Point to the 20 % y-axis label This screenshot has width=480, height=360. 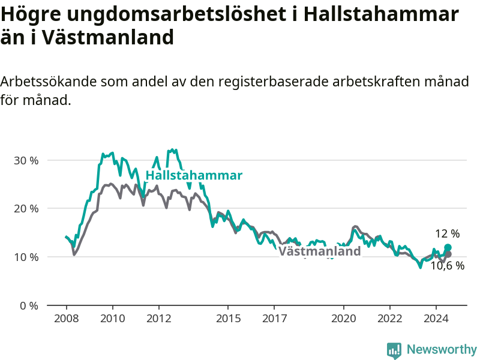[26, 209]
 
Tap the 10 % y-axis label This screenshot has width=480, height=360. [26, 257]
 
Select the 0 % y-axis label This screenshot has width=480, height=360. [29, 305]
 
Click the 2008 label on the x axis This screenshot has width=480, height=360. [67, 319]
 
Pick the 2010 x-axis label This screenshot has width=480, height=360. [113, 319]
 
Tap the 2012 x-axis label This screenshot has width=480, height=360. [159, 319]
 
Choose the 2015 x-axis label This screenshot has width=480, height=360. [229, 319]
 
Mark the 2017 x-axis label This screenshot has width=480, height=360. [275, 319]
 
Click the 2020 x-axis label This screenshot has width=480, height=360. [344, 319]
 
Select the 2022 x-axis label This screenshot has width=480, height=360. [390, 319]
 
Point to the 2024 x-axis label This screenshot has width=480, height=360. [436, 319]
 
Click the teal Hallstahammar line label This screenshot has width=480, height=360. [194, 175]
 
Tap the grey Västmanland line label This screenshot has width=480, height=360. [320, 251]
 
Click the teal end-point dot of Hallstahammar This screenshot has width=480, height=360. [448, 247]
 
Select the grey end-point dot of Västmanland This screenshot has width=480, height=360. [448, 254]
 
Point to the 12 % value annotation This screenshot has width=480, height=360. [447, 234]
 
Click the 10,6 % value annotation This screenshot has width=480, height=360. [448, 266]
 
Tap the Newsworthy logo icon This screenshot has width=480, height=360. [394, 350]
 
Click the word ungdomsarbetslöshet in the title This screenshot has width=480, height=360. [176, 14]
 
